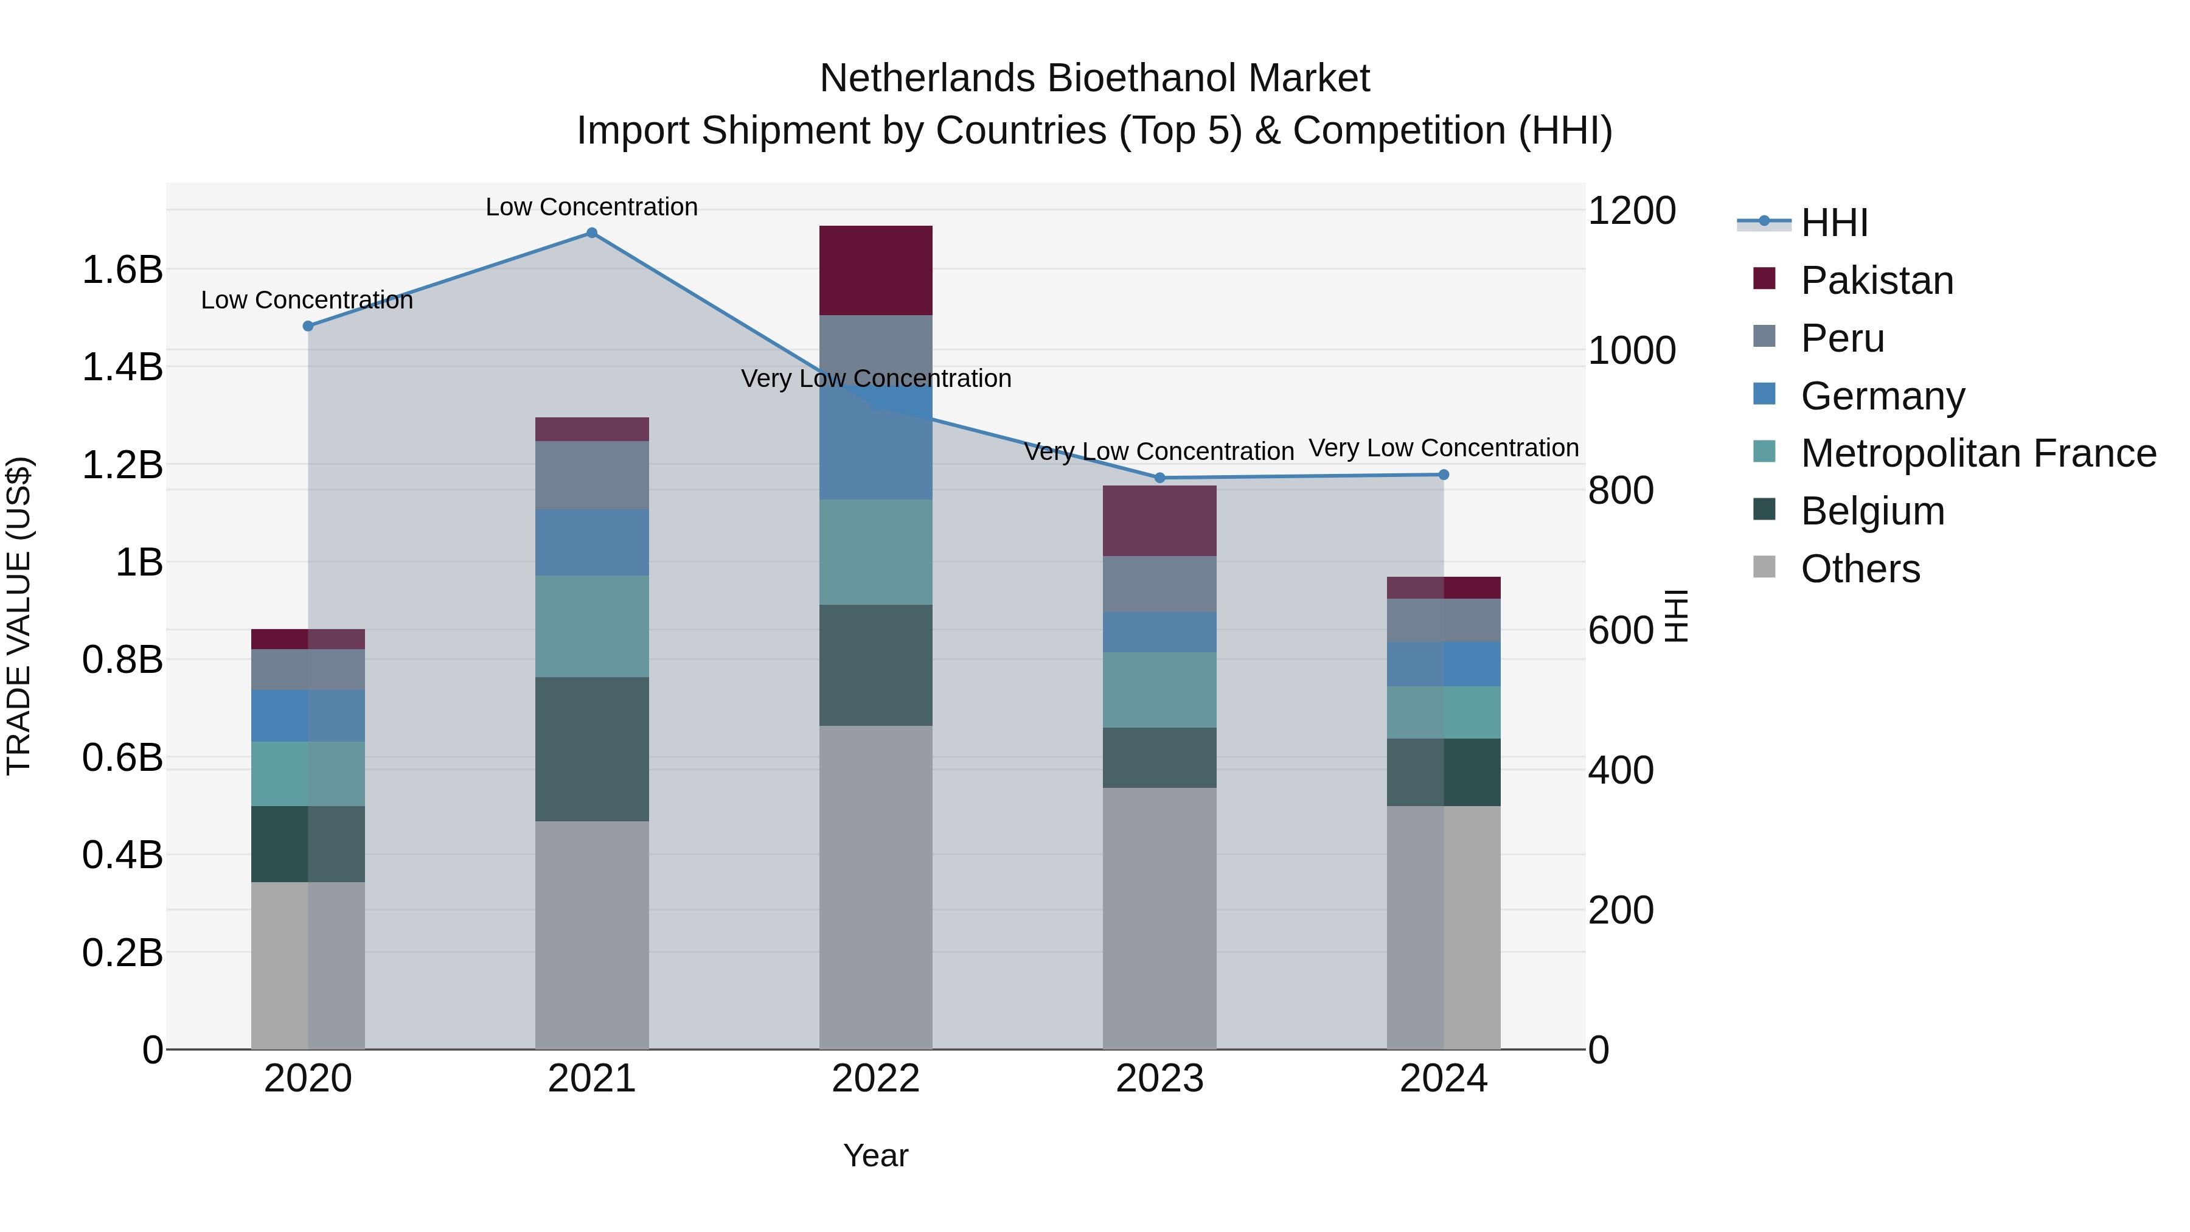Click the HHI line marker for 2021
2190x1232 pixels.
[592, 233]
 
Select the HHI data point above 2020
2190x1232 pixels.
[308, 325]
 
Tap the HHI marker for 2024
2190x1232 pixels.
[1444, 475]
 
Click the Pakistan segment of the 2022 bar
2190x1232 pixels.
[875, 270]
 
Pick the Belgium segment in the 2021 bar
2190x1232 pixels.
[592, 748]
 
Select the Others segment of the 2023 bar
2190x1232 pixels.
[1159, 918]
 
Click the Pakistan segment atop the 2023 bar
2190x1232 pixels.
[1159, 520]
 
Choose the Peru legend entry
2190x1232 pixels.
[1842, 338]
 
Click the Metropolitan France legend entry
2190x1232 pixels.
[1978, 453]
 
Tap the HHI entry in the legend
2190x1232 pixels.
[1834, 223]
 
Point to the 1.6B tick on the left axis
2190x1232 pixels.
[122, 270]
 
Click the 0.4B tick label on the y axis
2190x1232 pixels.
[122, 855]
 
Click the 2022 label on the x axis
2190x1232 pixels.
[875, 1079]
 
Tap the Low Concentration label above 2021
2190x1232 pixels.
[592, 207]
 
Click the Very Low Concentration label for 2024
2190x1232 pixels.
[1444, 447]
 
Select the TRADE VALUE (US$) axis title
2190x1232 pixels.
[19, 616]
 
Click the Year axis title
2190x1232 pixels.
[875, 1155]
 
